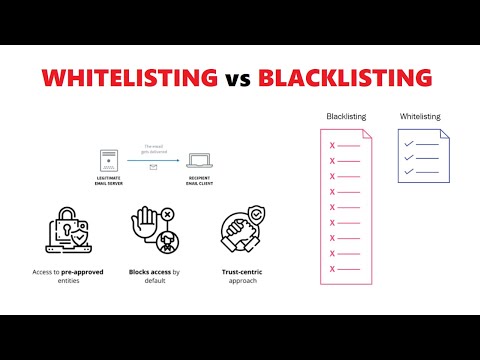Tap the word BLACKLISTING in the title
[x=345, y=76]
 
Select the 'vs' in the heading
[x=239, y=77]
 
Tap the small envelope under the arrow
[x=153, y=167]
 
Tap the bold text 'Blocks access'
[x=146, y=271]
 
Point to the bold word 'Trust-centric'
[x=241, y=271]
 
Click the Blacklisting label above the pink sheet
[x=346, y=117]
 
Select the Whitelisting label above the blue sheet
[x=420, y=117]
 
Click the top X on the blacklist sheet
[x=332, y=145]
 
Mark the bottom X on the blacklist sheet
[x=332, y=268]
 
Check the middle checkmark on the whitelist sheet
[x=408, y=158]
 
